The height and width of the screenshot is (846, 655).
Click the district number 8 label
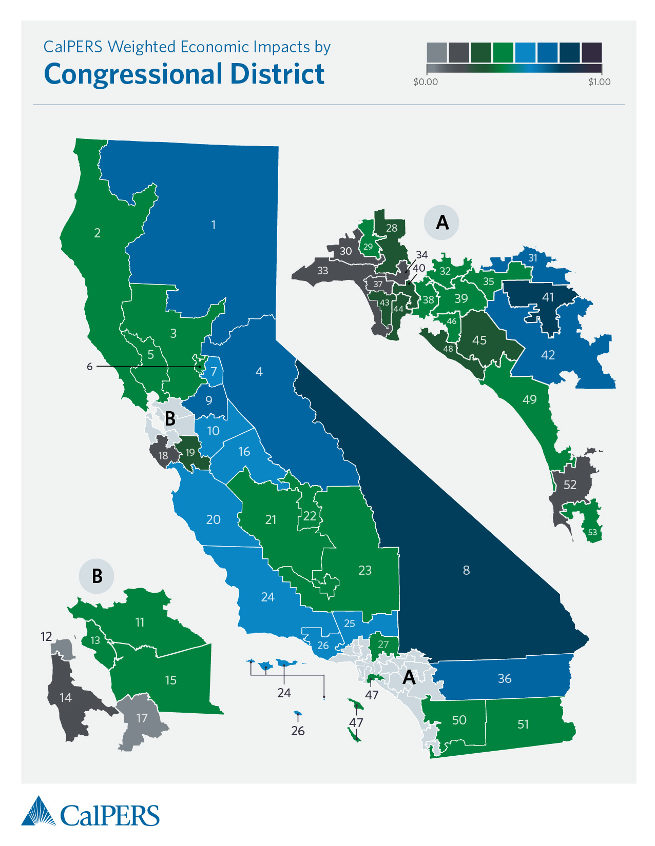point(466,570)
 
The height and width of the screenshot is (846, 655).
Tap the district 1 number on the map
point(214,225)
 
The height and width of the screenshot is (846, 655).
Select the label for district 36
point(505,678)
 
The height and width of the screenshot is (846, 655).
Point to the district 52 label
point(570,485)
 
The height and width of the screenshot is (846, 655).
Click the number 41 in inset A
point(548,297)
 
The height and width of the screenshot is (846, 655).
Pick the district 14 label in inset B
point(66,697)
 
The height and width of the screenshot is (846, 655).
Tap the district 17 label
point(142,718)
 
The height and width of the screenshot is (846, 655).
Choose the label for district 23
point(365,570)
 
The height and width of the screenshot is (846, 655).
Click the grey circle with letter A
point(441,223)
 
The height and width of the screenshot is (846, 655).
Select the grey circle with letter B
point(97,576)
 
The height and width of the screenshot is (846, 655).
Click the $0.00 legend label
point(426,82)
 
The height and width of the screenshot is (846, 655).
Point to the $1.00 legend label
point(599,82)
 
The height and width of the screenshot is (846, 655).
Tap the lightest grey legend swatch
point(437,52)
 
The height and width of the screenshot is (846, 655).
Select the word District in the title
point(277,74)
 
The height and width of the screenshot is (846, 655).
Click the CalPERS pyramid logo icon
point(38,811)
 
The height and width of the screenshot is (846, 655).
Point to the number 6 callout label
point(90,367)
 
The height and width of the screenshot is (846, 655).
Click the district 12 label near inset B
point(46,636)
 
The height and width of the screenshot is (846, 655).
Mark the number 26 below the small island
point(298,731)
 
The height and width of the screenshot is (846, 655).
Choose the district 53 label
point(592,532)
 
